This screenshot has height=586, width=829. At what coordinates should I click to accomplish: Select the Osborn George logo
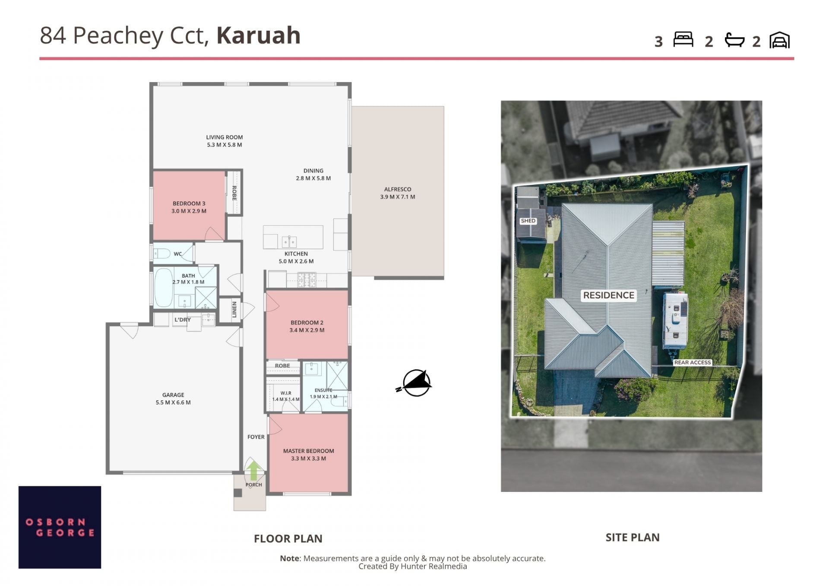(x=60, y=527)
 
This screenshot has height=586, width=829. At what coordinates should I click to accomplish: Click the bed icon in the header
(x=683, y=39)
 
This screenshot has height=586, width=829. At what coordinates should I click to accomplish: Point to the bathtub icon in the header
(x=734, y=40)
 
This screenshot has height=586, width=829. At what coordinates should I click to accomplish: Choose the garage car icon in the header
(x=779, y=40)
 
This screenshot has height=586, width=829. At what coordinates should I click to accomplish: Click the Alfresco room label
(x=398, y=189)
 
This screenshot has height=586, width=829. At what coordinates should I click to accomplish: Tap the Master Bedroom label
(x=308, y=451)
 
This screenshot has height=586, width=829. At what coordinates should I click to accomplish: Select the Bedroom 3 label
(x=189, y=203)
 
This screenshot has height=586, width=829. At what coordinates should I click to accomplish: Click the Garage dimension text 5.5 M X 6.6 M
(x=173, y=402)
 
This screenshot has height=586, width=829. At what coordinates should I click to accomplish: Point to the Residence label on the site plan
(x=609, y=295)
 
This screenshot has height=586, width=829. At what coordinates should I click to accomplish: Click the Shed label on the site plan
(x=528, y=221)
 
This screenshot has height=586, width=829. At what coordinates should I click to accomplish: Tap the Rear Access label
(x=693, y=362)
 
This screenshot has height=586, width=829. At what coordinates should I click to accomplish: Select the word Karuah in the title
(x=258, y=35)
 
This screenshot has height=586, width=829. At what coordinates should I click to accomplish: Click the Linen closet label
(x=234, y=309)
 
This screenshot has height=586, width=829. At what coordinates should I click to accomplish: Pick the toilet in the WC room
(x=161, y=253)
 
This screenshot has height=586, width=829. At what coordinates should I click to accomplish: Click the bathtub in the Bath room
(x=163, y=288)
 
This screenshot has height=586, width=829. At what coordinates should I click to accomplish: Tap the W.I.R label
(x=286, y=393)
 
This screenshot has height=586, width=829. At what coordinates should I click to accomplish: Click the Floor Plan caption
(x=288, y=538)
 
